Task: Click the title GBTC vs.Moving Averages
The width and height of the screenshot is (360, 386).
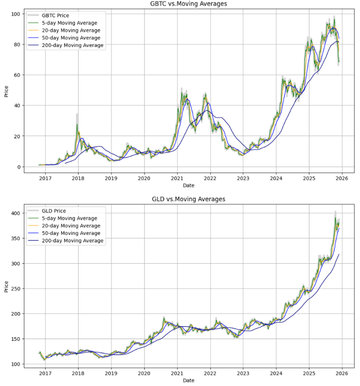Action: pos(188,4)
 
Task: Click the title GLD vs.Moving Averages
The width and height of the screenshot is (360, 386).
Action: pos(188,199)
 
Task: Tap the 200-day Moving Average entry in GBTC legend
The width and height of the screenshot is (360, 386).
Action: pos(73,45)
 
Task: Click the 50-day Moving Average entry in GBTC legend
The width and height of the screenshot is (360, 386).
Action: pos(71,38)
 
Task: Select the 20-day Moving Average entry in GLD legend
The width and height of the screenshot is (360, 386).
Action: pos(71,226)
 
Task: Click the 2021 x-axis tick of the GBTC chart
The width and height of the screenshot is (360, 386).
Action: pos(177,177)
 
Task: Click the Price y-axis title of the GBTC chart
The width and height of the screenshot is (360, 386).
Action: pos(7,91)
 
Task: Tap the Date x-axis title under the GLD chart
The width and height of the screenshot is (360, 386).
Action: pos(188,381)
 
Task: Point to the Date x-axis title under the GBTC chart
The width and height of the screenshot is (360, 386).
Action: pos(188,185)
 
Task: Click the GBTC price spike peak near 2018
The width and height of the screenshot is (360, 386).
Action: pos(77,115)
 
